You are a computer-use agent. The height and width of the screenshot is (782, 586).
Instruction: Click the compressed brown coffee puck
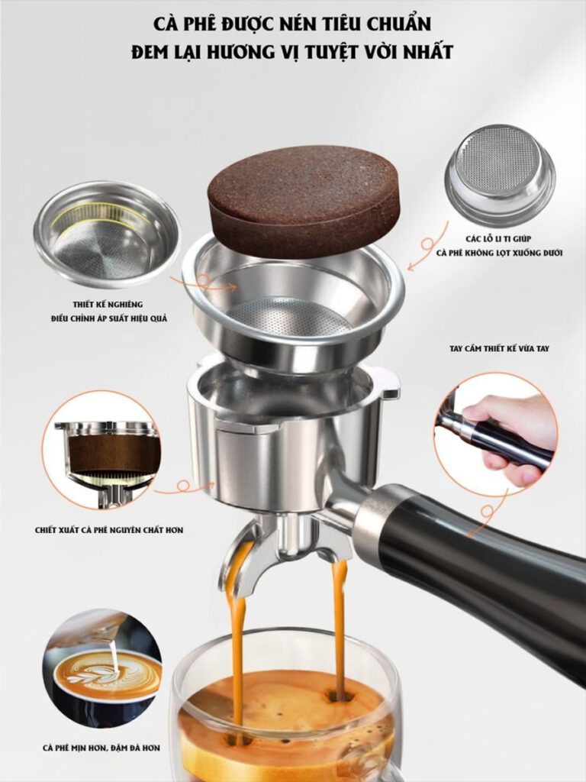click(x=304, y=201)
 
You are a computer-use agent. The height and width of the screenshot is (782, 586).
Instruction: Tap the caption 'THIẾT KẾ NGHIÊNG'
click(x=108, y=304)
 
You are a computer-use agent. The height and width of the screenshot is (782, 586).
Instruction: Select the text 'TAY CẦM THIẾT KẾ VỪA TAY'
click(x=499, y=348)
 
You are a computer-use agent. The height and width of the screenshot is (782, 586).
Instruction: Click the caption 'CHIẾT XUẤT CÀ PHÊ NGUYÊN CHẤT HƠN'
click(x=109, y=530)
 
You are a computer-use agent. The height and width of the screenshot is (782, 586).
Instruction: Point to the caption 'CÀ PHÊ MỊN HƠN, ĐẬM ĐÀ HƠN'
click(x=101, y=748)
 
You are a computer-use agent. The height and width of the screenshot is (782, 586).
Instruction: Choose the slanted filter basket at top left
click(x=107, y=234)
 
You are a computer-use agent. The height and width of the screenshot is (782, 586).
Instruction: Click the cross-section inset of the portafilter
click(x=105, y=449)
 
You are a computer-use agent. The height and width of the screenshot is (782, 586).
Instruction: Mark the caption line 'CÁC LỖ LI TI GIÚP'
click(x=500, y=239)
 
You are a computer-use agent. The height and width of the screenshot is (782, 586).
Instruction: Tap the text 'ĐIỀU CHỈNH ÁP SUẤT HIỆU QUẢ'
click(x=109, y=318)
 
